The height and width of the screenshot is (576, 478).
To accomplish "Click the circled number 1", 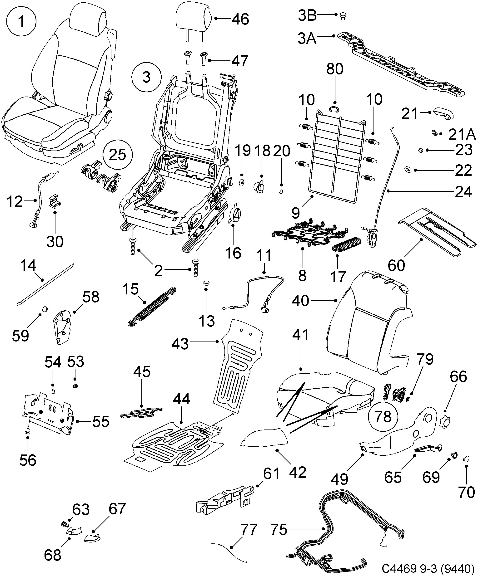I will (x=21, y=22).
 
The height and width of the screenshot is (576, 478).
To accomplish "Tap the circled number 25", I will (x=118, y=155).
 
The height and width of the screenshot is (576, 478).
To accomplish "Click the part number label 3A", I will (x=307, y=38).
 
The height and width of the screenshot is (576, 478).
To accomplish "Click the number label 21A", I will (x=462, y=134).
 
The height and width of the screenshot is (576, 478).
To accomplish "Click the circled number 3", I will (x=146, y=77).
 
